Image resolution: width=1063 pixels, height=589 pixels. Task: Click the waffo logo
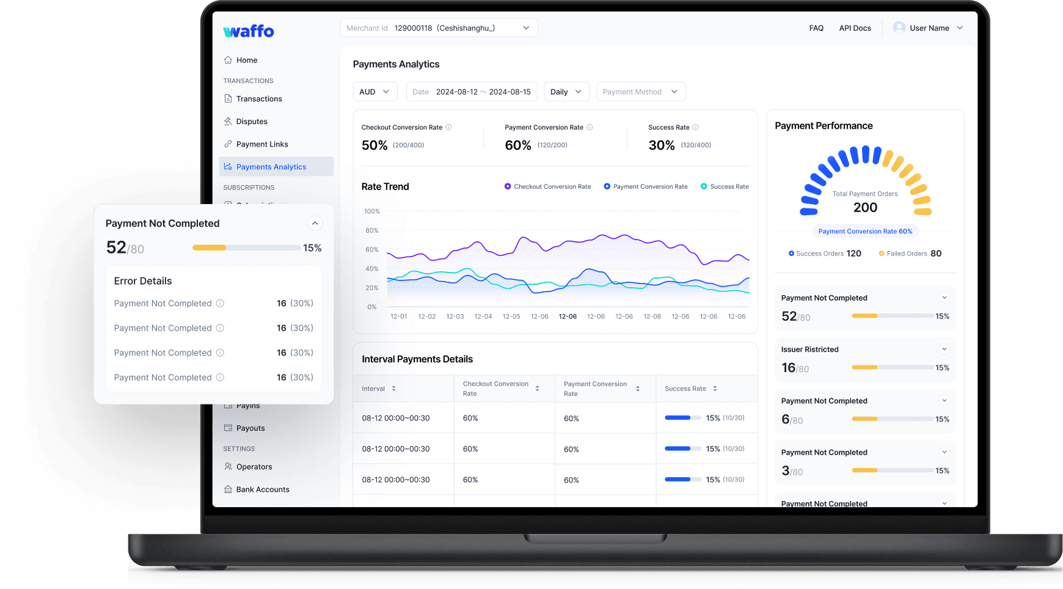coord(249,31)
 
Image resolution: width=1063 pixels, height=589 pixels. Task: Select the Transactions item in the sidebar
coord(258,99)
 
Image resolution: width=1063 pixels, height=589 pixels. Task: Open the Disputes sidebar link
coord(251,122)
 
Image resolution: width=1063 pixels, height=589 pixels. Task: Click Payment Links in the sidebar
coord(261,144)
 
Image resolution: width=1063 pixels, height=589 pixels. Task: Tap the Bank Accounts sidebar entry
coord(262,489)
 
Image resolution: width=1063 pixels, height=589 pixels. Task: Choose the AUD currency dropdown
coord(374,92)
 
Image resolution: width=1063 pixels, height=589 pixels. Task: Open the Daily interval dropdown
coord(566,92)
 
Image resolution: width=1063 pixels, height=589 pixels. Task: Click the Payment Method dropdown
coord(640,92)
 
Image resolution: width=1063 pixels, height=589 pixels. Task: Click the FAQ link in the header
coord(816,28)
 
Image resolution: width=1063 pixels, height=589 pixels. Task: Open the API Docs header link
coord(855,28)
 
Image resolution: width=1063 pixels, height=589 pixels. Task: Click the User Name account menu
coord(928,28)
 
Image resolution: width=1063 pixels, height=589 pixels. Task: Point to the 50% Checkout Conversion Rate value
coord(374,145)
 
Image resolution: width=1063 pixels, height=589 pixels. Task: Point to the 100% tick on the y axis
coord(371,211)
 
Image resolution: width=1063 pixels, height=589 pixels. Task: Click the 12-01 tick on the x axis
coord(398,316)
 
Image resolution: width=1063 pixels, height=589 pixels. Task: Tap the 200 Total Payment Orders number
coord(865,208)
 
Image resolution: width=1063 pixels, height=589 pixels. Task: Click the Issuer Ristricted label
coord(809,349)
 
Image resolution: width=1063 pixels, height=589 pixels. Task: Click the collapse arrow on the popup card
coord(315,223)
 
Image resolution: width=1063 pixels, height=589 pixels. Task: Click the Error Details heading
coord(143,281)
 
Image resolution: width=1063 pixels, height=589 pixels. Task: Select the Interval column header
coord(373,389)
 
